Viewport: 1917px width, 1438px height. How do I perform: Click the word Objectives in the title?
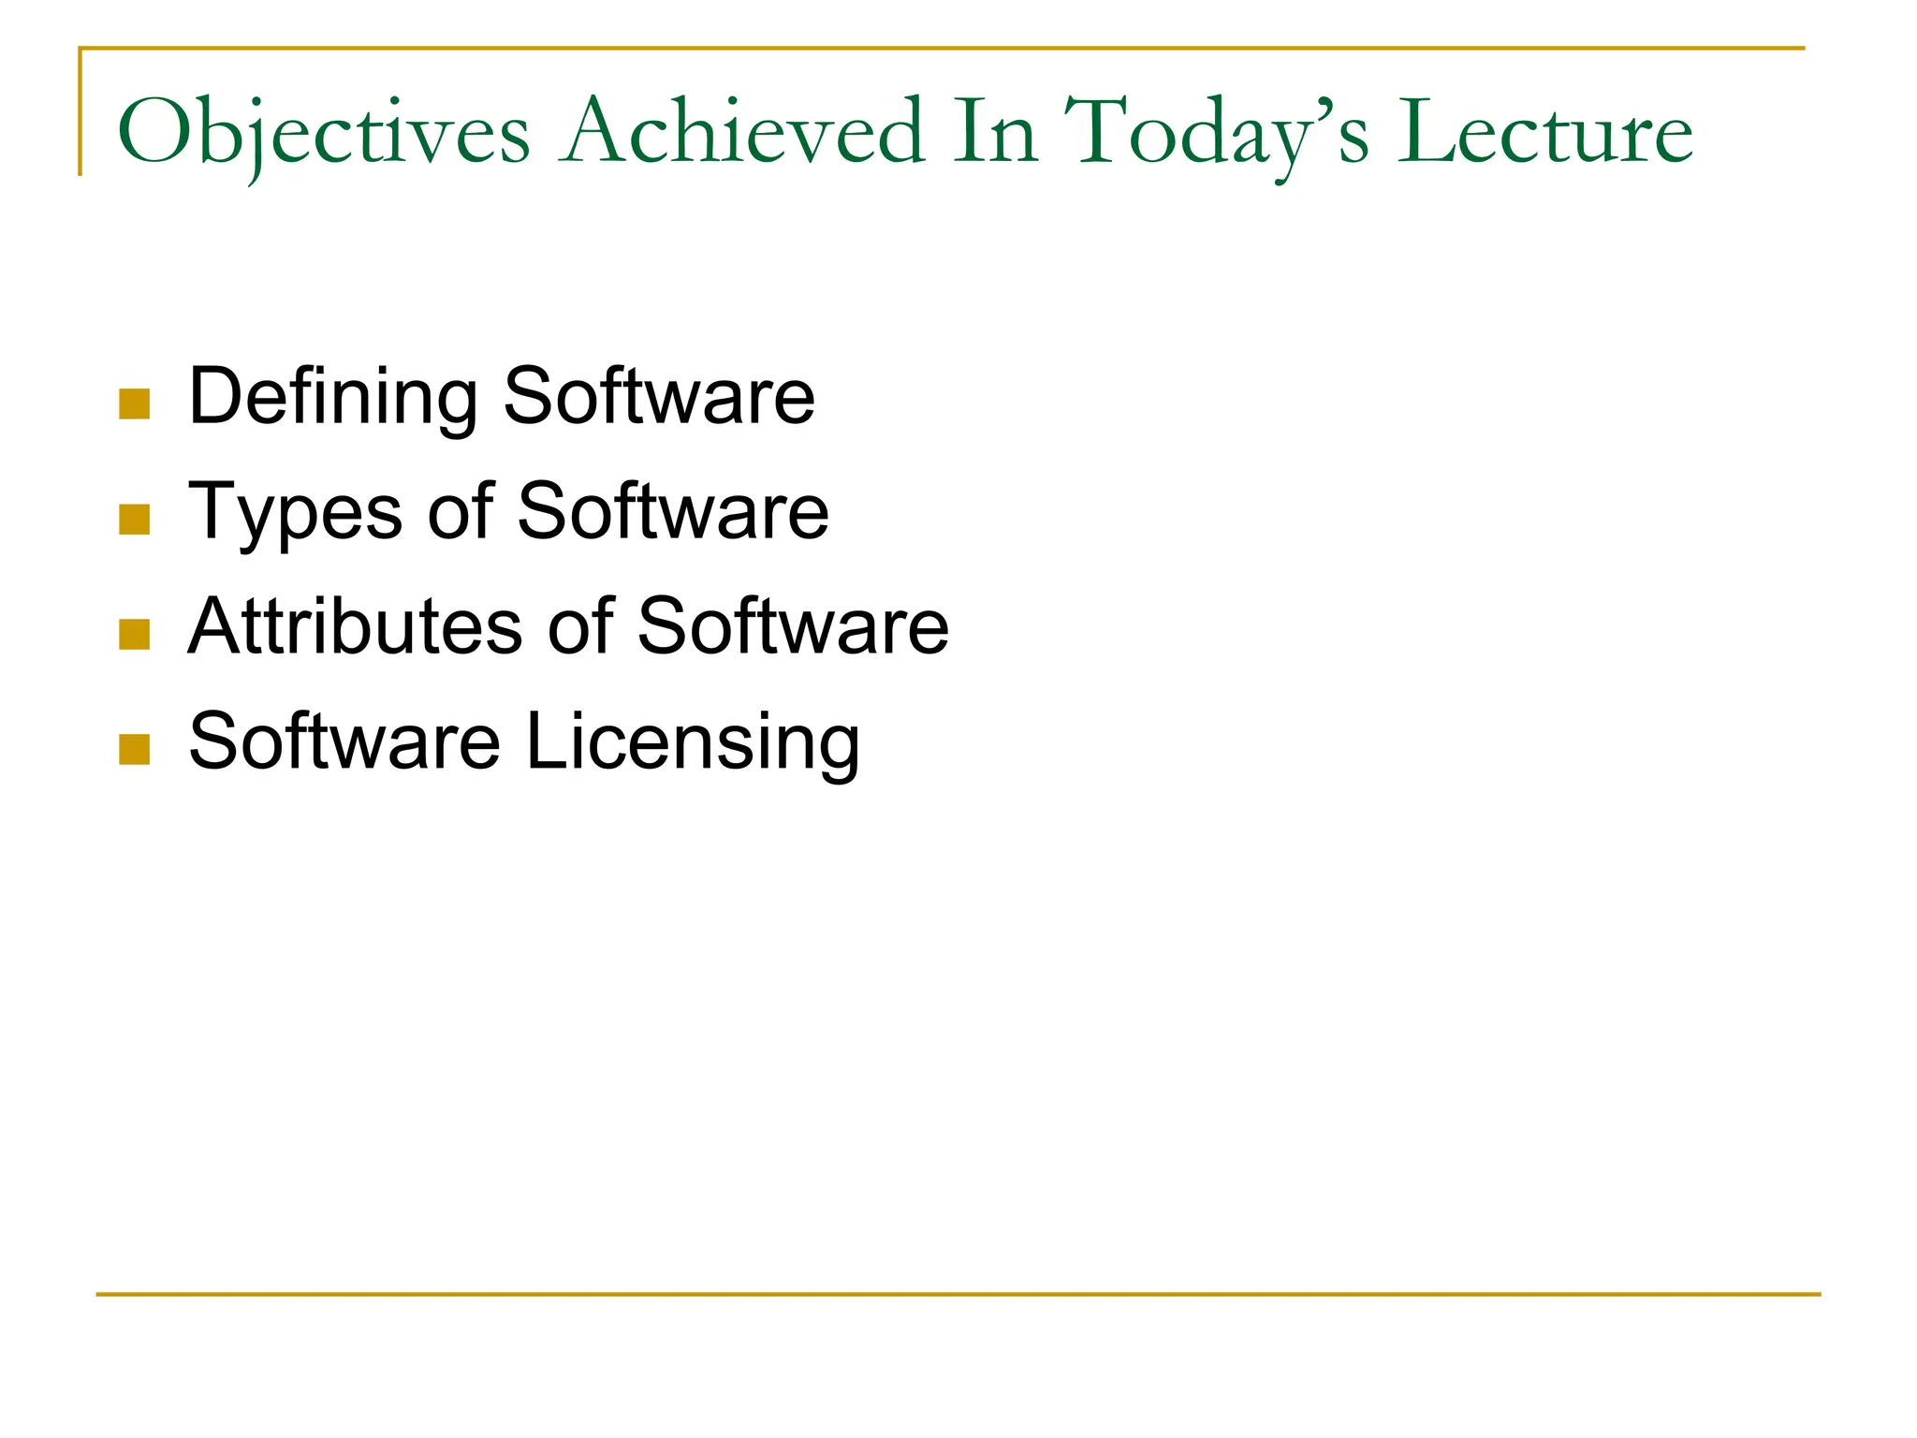tap(324, 133)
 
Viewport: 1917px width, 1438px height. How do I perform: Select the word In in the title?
tap(995, 133)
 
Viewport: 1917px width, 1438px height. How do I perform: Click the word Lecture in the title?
tap(1544, 133)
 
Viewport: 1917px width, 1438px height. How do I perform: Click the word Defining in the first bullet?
tap(333, 397)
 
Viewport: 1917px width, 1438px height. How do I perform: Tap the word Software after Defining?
tap(659, 397)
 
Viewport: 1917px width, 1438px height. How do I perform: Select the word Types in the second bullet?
tap(296, 513)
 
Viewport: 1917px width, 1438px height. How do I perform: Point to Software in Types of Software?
tap(673, 511)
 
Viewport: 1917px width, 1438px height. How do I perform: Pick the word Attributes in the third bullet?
tap(356, 626)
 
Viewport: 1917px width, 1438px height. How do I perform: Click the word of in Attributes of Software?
tap(580, 626)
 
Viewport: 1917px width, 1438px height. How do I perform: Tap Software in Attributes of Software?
tap(793, 626)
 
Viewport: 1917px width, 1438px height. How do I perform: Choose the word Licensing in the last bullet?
tap(693, 742)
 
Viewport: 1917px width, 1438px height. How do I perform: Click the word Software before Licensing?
tap(344, 741)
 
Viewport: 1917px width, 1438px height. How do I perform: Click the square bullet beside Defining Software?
tap(135, 404)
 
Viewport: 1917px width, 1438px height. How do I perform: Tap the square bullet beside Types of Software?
tap(135, 520)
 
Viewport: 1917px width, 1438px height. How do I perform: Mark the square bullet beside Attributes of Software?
tap(135, 635)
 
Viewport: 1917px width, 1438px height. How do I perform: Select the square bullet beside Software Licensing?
tap(135, 749)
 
